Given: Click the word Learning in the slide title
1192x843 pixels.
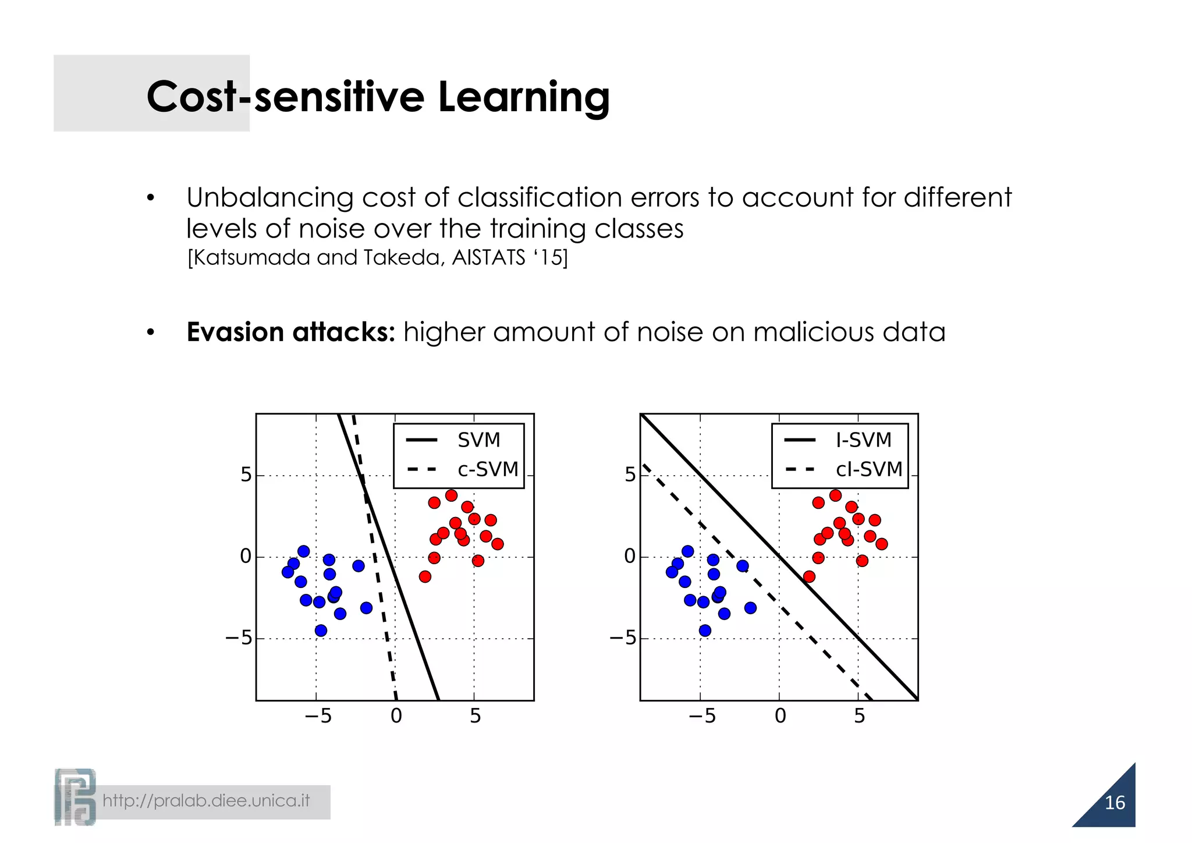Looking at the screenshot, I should (x=523, y=97).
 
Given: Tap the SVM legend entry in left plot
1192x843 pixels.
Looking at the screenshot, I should (x=478, y=440).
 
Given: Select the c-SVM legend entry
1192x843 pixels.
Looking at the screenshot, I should (x=487, y=469).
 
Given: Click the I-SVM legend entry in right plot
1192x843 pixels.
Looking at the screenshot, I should (x=863, y=440).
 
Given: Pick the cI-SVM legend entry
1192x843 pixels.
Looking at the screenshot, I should (x=868, y=469).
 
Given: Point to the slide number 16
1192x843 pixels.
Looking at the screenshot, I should (x=1115, y=803).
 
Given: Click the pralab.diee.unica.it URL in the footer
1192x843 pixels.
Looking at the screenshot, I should (x=206, y=801).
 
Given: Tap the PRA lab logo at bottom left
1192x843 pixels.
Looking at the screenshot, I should (x=74, y=797).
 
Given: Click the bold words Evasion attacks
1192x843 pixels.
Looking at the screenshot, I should (x=290, y=332).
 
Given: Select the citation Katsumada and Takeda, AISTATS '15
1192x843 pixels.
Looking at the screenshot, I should (x=377, y=257).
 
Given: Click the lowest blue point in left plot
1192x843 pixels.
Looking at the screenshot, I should (x=321, y=631).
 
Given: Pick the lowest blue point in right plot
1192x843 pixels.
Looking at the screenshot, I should (x=705, y=631).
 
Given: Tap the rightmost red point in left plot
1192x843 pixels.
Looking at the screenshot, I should (x=497, y=544).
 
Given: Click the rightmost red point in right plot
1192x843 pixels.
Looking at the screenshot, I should (x=882, y=544).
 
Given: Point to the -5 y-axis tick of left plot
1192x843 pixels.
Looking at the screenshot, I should (x=239, y=639).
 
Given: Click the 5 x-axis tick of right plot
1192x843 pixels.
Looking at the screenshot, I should (x=859, y=716).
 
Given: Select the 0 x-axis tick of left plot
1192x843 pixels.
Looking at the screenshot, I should (x=396, y=716).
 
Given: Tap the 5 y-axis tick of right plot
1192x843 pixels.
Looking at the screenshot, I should (x=630, y=475).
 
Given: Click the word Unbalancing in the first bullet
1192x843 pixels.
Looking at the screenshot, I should (x=269, y=198).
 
